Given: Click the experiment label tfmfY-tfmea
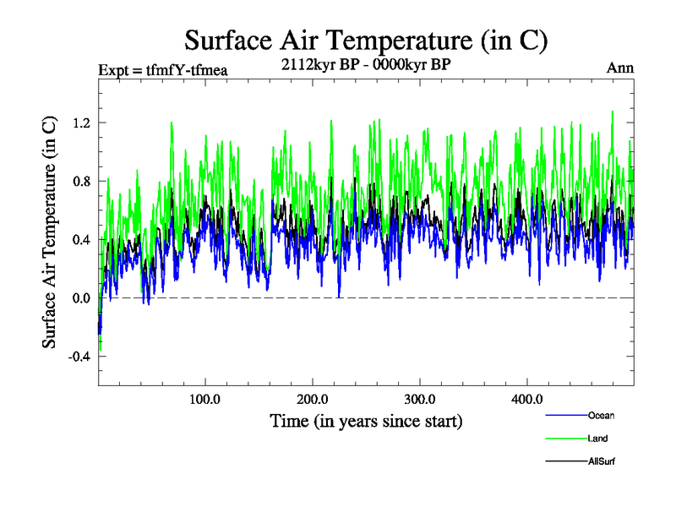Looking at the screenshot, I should tap(163, 69).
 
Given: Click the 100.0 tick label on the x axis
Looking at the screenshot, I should tap(205, 399).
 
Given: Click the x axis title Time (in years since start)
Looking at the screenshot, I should tap(366, 420).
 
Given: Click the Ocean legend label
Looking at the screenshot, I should tap(602, 416).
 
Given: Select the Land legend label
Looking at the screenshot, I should tap(597, 439).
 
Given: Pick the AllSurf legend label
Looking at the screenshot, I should tap(603, 461).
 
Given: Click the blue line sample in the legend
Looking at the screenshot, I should tap(566, 416).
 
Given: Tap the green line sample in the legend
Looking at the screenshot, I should tap(566, 439).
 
